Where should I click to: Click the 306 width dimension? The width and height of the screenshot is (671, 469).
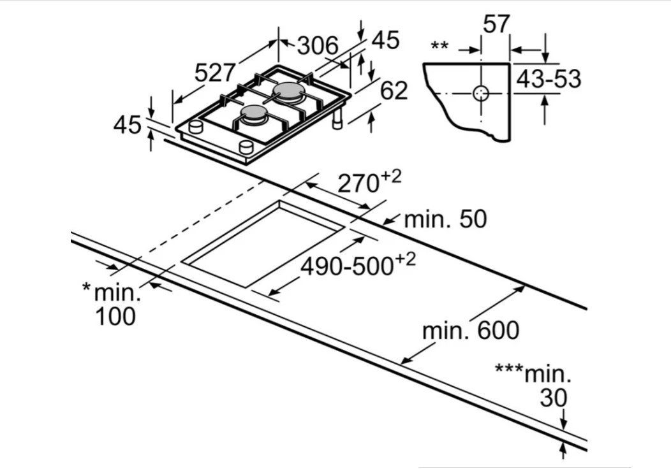[318, 45]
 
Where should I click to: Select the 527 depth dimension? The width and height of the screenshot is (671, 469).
[215, 73]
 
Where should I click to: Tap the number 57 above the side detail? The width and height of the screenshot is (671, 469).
[496, 24]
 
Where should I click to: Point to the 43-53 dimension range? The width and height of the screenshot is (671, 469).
[549, 79]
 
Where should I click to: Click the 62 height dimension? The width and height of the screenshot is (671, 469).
[394, 90]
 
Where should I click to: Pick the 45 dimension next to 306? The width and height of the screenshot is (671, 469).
[385, 40]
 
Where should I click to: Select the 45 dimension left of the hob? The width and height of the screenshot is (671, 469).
[127, 125]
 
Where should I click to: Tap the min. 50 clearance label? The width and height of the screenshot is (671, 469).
[445, 219]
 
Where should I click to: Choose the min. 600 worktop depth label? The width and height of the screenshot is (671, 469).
[470, 331]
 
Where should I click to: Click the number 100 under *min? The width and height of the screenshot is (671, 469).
[115, 316]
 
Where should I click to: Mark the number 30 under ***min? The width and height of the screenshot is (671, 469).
[553, 398]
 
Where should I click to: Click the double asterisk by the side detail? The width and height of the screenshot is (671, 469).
[439, 46]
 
